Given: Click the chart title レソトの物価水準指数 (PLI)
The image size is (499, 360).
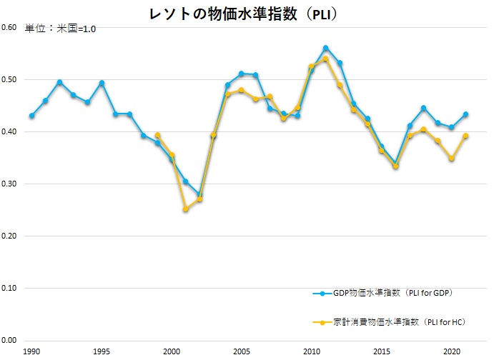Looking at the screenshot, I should click(249, 14).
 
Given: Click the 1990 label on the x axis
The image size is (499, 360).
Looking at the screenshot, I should click(31, 352).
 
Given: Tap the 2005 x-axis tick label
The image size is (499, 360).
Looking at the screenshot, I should click(241, 352).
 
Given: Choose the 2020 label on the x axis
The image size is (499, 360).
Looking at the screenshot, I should click(451, 352).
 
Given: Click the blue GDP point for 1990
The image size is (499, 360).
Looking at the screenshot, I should click(31, 116).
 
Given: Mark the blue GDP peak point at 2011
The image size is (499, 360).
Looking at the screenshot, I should click(325, 48).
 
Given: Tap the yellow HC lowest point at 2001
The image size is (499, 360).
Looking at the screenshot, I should click(186, 209).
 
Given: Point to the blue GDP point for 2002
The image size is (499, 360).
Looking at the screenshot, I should click(199, 194).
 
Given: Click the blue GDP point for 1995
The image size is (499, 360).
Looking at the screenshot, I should click(102, 83).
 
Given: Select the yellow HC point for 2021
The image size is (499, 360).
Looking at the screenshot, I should click(465, 136).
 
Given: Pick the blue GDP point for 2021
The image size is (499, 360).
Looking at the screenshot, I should click(465, 114).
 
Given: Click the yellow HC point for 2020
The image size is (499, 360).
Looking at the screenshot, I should click(451, 159).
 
